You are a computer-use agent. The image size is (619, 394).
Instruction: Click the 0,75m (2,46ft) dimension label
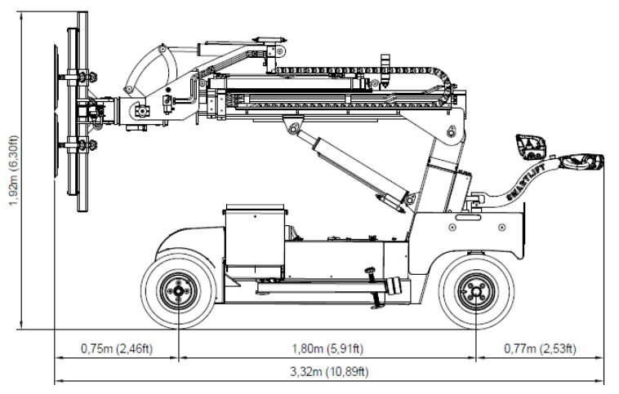[x=117, y=348]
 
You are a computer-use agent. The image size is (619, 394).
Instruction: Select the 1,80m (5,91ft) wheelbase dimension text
[x=327, y=348]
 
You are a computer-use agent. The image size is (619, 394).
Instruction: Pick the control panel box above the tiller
[x=532, y=148]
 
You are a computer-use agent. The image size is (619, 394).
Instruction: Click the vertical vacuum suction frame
[x=79, y=114]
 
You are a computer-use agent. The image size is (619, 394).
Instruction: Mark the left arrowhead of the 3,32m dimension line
[x=58, y=382]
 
